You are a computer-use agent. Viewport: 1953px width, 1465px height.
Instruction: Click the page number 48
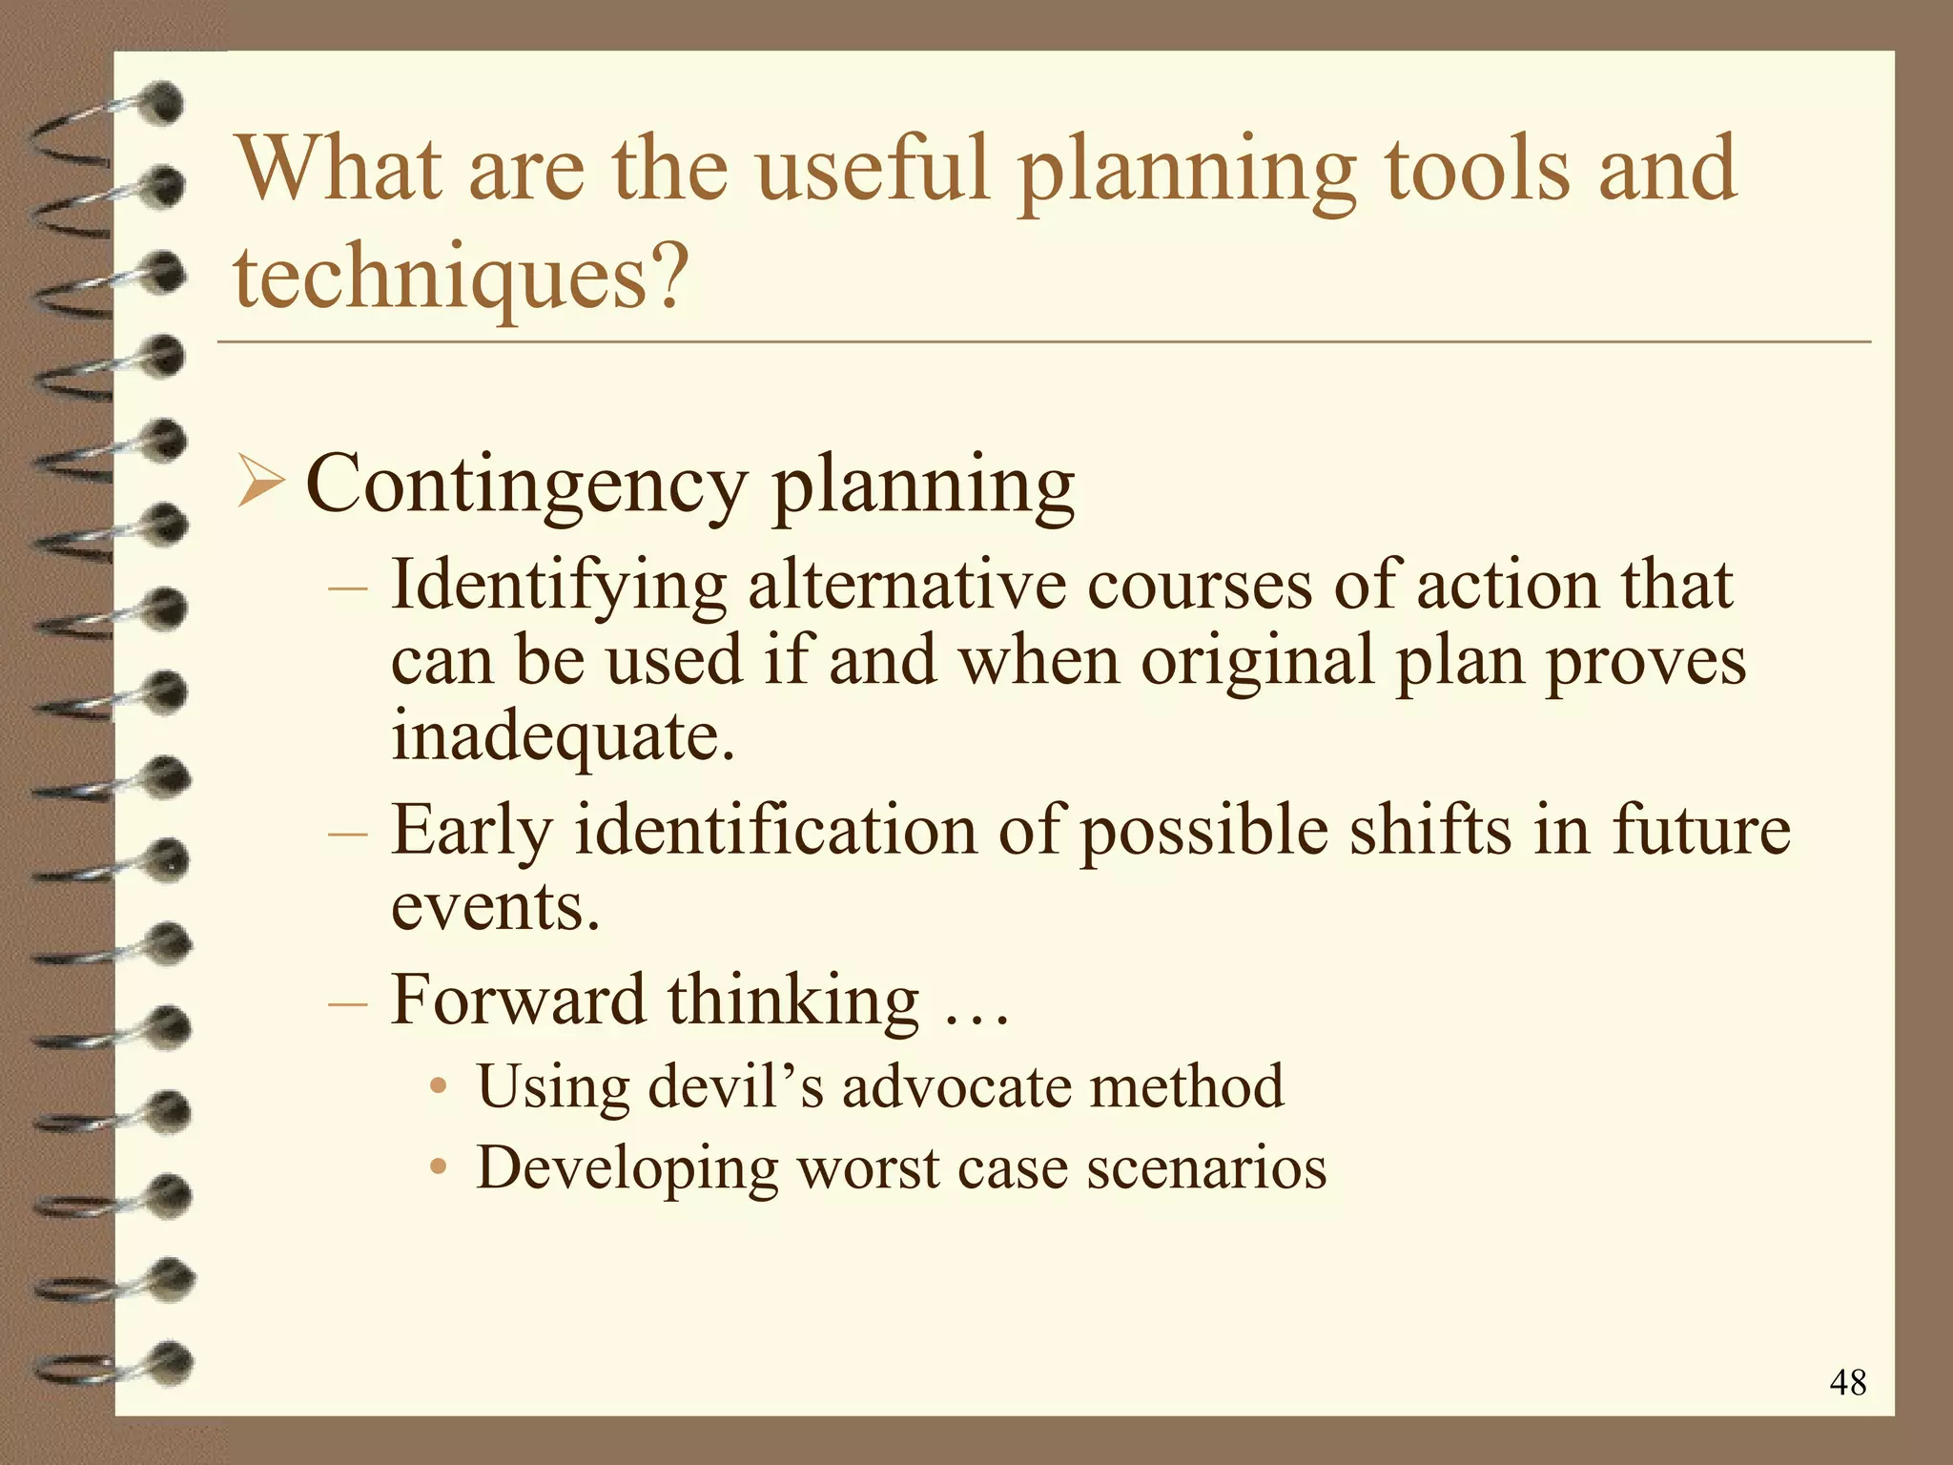[1847, 1382]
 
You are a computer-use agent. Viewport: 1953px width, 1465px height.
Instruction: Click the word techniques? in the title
[461, 277]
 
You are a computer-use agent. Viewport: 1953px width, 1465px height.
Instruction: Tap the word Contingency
[525, 485]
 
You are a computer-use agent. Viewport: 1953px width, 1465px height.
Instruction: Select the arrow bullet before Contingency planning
[260, 482]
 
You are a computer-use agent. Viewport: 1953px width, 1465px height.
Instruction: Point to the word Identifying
[559, 587]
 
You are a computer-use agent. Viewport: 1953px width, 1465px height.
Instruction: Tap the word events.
[495, 905]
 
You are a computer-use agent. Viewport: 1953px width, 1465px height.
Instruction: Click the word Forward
[518, 1000]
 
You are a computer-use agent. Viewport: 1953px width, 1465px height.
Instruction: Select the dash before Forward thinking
[346, 1003]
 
